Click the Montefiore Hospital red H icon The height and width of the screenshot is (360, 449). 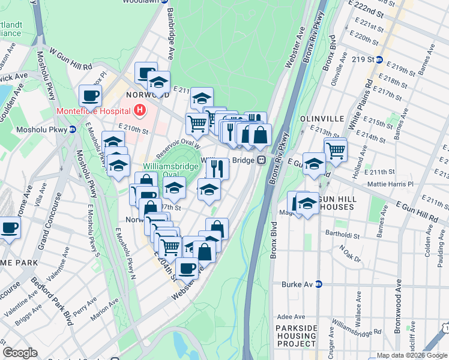(140, 110)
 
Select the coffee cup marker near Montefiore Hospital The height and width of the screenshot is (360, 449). (90, 95)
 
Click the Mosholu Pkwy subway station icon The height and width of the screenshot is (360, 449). (72, 129)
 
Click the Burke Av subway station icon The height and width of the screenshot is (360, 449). (319, 284)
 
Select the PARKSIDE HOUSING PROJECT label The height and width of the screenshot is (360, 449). (296, 336)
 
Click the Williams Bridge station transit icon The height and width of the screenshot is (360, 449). (262, 160)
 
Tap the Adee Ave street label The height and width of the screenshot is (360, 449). (291, 316)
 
